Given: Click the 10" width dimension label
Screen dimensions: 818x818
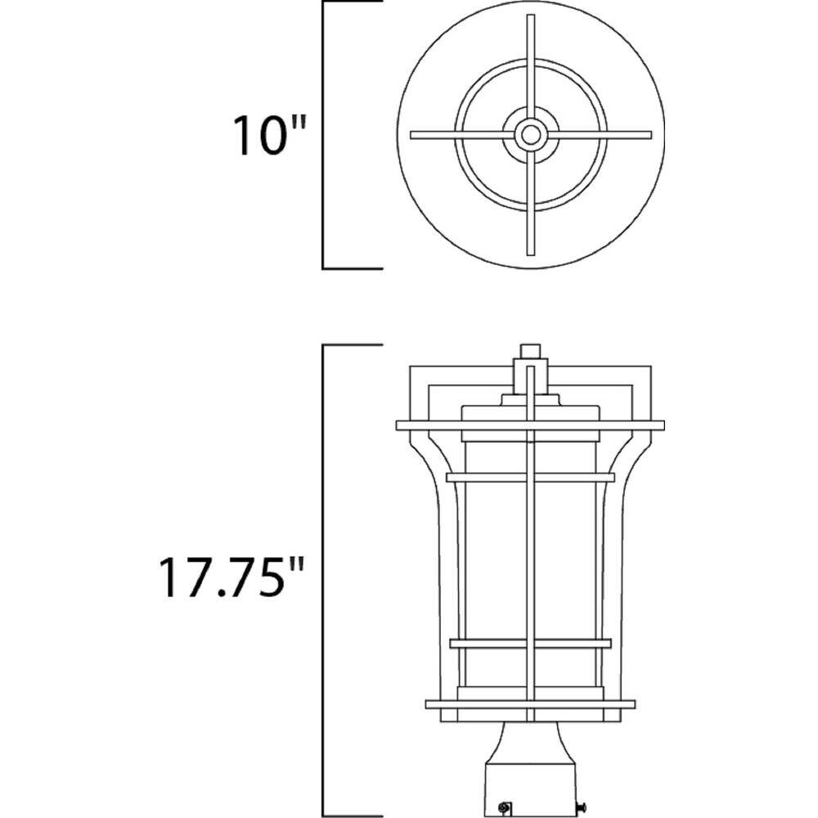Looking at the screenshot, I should click(268, 135).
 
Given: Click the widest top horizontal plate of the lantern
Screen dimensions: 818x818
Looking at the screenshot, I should click(530, 425).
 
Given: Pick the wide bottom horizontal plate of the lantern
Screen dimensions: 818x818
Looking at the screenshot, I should click(530, 703).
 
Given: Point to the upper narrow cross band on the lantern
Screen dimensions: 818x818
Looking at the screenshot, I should click(530, 477).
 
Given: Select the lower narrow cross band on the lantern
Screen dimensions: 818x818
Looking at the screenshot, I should click(530, 643).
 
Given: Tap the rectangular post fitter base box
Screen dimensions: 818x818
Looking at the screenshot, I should click(530, 789).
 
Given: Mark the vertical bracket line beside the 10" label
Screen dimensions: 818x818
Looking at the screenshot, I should click(324, 135).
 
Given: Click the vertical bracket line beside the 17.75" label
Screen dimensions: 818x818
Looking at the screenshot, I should click(325, 581).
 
